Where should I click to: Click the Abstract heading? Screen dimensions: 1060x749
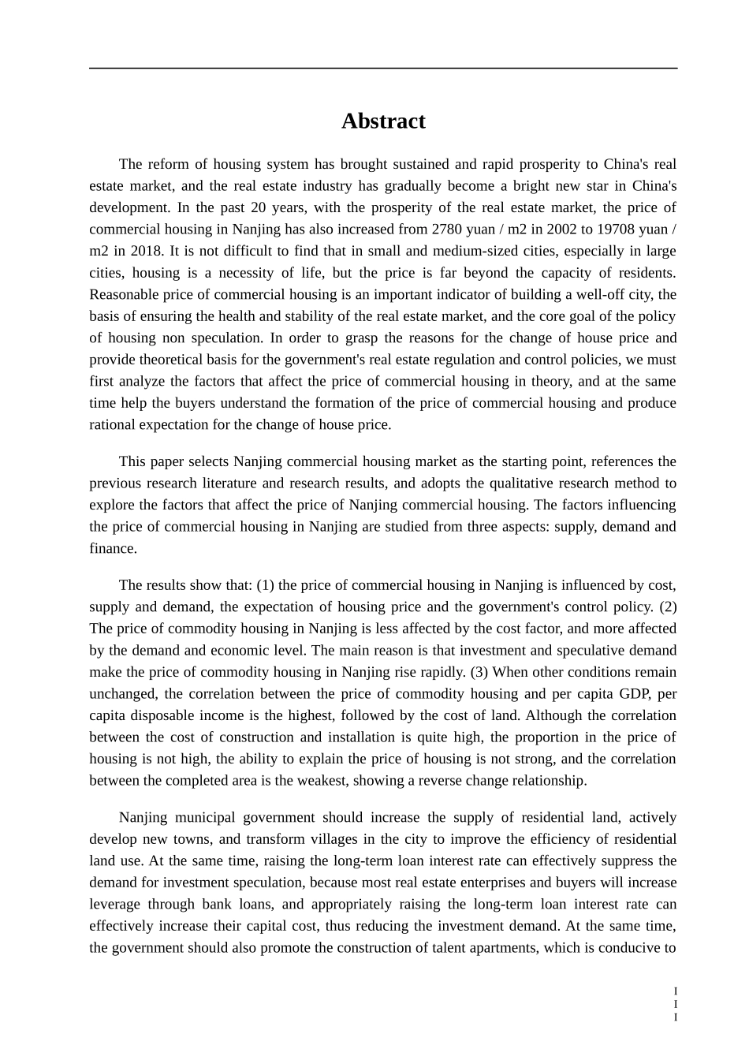click(x=383, y=121)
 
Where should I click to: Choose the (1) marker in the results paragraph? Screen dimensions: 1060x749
click(x=265, y=585)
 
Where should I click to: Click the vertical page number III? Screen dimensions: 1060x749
click(x=675, y=1004)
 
